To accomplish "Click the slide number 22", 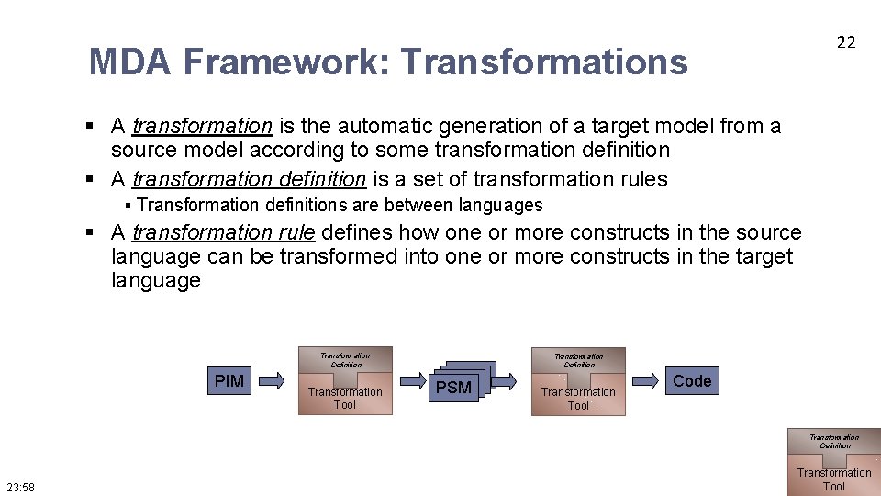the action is tap(845, 41).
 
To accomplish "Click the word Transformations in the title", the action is tap(544, 62).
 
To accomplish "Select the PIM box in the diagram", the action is tap(229, 380).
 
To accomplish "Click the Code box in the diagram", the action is tap(692, 380).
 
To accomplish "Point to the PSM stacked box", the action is tap(455, 386).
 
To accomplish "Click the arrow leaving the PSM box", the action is tap(510, 379).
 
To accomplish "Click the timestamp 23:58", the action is tap(20, 487).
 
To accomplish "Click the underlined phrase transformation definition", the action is tap(249, 179).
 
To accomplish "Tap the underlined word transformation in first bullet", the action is tap(202, 126).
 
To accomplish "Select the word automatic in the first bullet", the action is tap(372, 126).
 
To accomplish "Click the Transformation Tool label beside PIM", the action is tap(345, 398).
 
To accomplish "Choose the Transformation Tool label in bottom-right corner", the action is tap(833, 479).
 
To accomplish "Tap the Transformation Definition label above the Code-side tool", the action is tap(578, 360).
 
